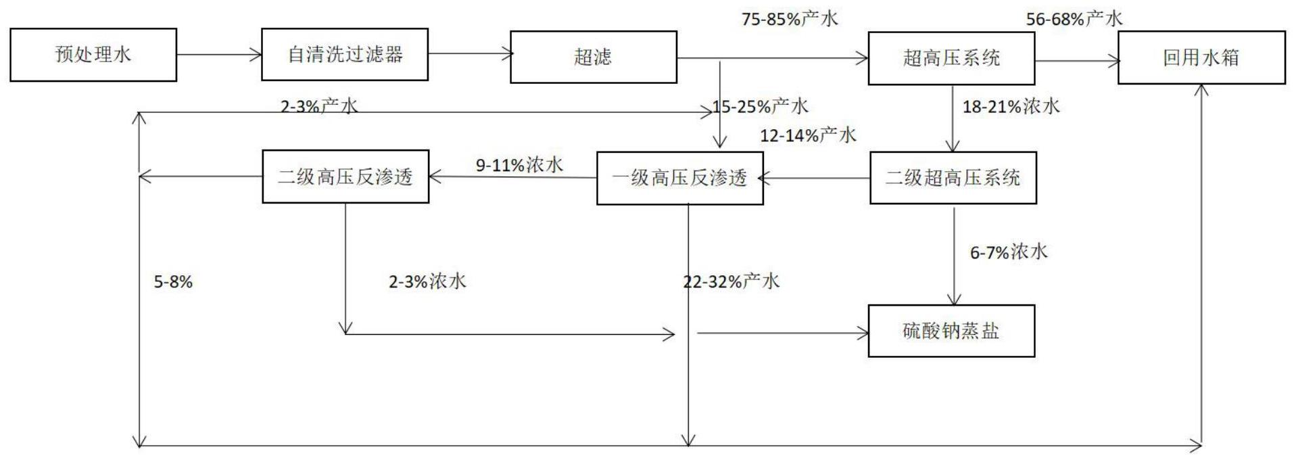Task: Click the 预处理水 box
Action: pyautogui.click(x=93, y=55)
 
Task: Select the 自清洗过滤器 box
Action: pyautogui.click(x=345, y=55)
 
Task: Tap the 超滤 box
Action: pyautogui.click(x=593, y=57)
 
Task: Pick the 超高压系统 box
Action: pyautogui.click(x=951, y=58)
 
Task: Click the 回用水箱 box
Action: pyautogui.click(x=1201, y=58)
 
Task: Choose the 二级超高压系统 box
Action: pyautogui.click(x=953, y=178)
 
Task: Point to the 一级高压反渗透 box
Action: pyautogui.click(x=679, y=178)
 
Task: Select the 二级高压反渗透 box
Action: pyautogui.click(x=345, y=177)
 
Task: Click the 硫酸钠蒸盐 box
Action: pyautogui.click(x=951, y=331)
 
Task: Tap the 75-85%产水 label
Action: pyautogui.click(x=790, y=19)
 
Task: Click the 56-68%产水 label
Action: pyautogui.click(x=1074, y=19)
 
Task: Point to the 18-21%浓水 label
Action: pyautogui.click(x=1011, y=106)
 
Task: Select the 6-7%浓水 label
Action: pyautogui.click(x=1009, y=252)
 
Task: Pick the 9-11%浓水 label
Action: pyautogui.click(x=519, y=165)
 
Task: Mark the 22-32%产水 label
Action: pyautogui.click(x=731, y=281)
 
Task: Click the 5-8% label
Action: pyautogui.click(x=174, y=282)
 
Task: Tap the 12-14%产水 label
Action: pyautogui.click(x=808, y=135)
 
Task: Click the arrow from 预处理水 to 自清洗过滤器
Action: pyautogui.click(x=219, y=55)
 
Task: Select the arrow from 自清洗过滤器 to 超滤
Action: pyautogui.click(x=469, y=54)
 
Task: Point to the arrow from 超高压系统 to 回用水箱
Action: pyautogui.click(x=1076, y=62)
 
